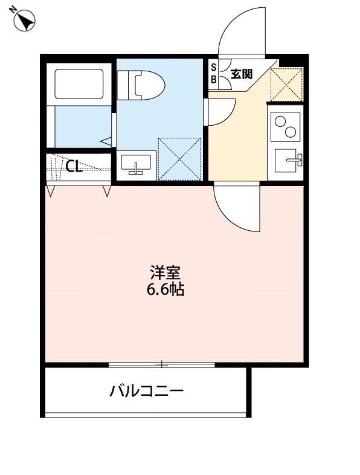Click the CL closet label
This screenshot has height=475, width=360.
74,167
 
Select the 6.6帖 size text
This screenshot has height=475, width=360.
165,290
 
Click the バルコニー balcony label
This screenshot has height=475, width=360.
146,391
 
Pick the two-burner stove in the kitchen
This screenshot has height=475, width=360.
284,126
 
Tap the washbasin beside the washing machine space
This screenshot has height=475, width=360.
136,164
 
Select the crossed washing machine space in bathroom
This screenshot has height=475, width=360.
179,158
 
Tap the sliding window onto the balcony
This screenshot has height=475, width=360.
162,364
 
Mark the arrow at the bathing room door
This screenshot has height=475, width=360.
107,141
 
